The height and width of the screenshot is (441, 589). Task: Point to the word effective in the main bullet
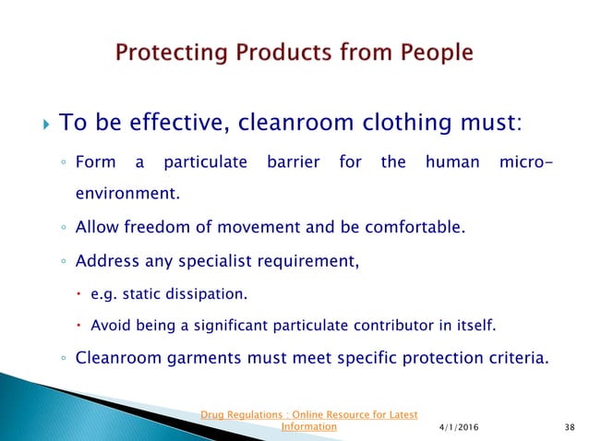(x=156, y=123)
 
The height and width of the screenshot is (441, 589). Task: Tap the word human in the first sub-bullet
(x=452, y=163)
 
